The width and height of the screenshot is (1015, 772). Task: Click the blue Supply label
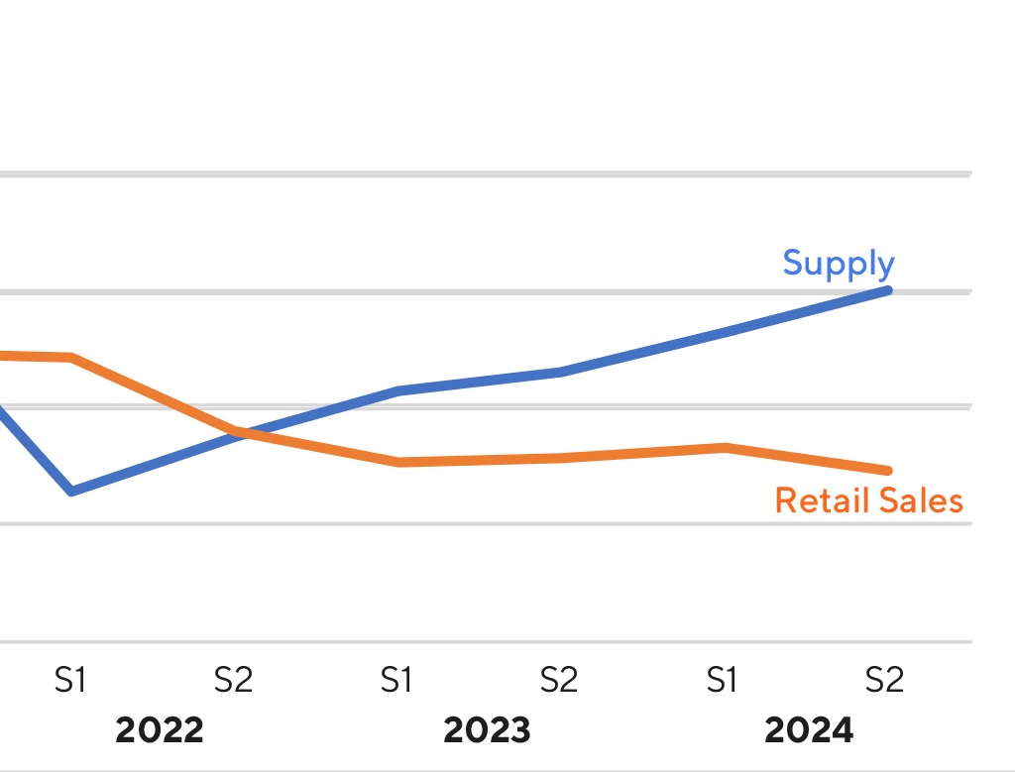click(839, 264)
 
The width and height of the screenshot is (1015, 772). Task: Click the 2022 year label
click(160, 731)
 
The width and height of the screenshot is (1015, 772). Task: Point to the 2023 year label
click(487, 731)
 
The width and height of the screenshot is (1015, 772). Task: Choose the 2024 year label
click(809, 731)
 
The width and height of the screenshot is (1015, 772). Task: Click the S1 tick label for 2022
click(70, 681)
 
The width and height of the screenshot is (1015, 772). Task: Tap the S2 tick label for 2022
click(234, 681)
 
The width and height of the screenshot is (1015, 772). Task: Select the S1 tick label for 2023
click(396, 681)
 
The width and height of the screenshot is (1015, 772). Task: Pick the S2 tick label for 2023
click(559, 681)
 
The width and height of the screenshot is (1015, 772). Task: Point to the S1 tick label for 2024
click(723, 681)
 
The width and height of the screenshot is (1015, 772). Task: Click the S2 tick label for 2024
click(885, 681)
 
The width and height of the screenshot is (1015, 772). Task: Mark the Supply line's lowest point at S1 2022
click(71, 491)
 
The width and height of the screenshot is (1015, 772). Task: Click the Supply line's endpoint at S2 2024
click(887, 290)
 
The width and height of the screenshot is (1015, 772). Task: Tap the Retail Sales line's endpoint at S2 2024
click(887, 470)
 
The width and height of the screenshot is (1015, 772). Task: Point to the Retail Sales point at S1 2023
click(397, 462)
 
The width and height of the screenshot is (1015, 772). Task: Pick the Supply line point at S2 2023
click(561, 372)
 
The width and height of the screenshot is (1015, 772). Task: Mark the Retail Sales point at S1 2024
click(726, 447)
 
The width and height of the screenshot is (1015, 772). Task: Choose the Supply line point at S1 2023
click(397, 390)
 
